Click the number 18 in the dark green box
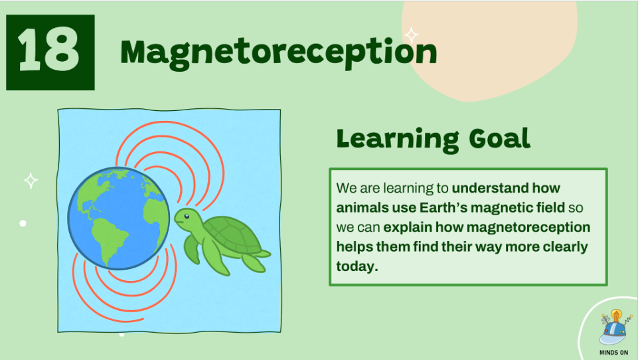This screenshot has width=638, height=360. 49,50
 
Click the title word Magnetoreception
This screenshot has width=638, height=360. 279,53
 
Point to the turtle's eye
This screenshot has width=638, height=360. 186,217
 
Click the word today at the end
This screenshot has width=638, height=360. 357,266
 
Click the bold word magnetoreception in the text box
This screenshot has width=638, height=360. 528,227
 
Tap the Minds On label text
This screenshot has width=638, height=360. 613,353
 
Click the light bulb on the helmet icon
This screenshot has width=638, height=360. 617,315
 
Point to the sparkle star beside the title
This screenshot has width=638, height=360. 412,35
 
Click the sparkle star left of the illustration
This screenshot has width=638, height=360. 31,181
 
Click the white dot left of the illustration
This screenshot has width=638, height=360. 23,223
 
